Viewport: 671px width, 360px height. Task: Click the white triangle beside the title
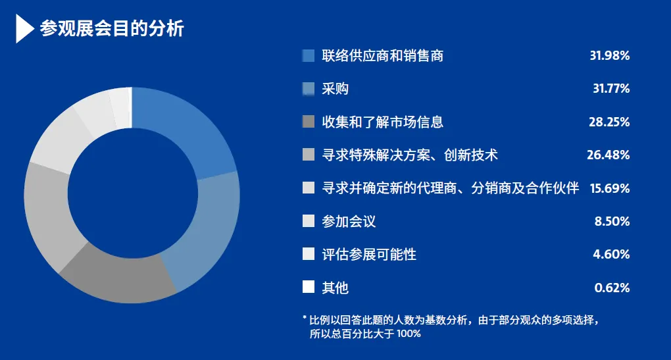(x=24, y=29)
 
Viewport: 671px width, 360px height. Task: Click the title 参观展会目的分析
(x=112, y=29)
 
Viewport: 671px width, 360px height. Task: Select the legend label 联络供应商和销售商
(x=383, y=56)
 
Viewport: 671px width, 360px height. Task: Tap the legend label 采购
(x=335, y=89)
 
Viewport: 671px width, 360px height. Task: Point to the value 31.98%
(x=609, y=56)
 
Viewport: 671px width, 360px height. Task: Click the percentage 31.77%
(x=611, y=89)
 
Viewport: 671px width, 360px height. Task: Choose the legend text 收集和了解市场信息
(x=383, y=122)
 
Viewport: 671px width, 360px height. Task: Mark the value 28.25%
(x=609, y=122)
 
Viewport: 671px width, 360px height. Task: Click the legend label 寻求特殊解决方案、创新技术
(x=410, y=155)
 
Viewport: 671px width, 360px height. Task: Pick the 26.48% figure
(x=608, y=155)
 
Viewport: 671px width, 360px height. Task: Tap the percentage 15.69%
(x=609, y=188)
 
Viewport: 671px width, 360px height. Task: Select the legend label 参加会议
(x=349, y=221)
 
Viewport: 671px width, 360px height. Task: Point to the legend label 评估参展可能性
(x=369, y=254)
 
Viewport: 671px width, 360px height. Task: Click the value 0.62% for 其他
(x=612, y=288)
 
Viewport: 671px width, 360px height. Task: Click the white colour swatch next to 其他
(x=309, y=287)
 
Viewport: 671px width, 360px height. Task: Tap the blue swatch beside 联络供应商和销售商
(x=309, y=56)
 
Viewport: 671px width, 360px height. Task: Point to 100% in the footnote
(x=409, y=334)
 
